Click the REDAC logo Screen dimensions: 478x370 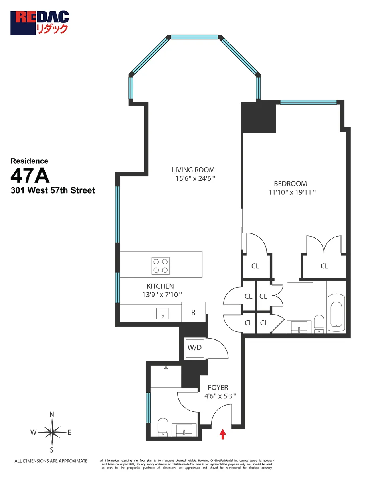(40, 23)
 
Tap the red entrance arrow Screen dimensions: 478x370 (223, 434)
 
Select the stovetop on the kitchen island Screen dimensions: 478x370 (160, 266)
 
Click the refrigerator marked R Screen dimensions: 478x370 (193, 312)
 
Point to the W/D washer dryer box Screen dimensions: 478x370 (194, 347)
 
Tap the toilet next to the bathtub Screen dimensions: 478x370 (319, 323)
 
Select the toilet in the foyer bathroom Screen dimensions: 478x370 (163, 426)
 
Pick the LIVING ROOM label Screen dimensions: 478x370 (194, 170)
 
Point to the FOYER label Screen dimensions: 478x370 (218, 388)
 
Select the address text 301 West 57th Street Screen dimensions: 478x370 (53, 190)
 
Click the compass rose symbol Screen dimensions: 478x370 (51, 432)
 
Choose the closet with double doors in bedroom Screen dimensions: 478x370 (324, 266)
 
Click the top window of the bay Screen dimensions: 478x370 (195, 37)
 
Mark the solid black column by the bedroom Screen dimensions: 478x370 (259, 118)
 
